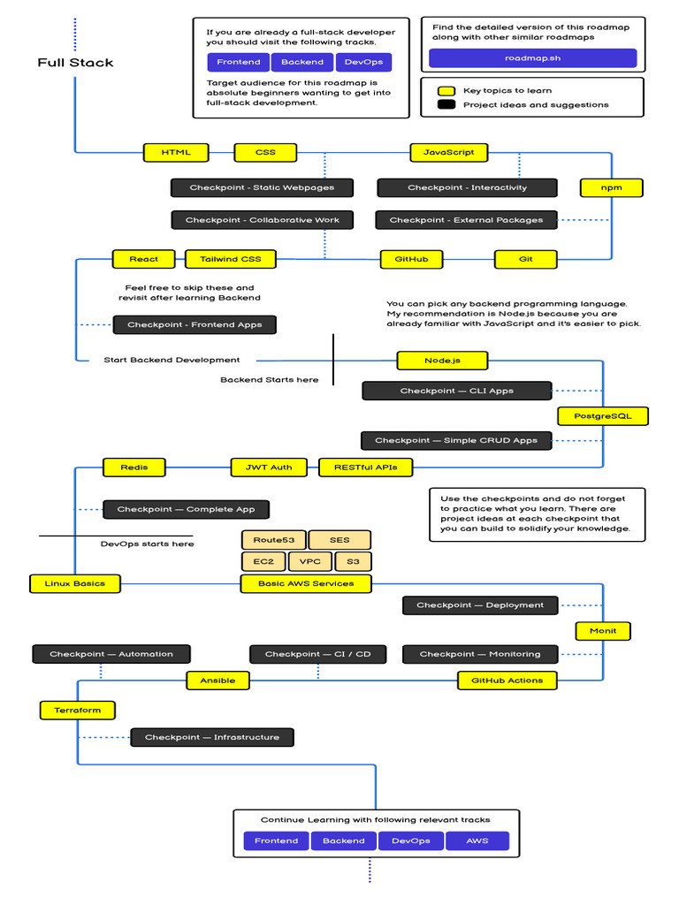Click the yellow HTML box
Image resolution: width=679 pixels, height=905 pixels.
(x=176, y=152)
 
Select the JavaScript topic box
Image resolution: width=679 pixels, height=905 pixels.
(x=448, y=152)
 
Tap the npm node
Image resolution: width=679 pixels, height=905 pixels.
(x=612, y=187)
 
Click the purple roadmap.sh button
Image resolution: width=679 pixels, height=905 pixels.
(x=533, y=58)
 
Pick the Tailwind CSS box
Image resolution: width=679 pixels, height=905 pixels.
(x=231, y=259)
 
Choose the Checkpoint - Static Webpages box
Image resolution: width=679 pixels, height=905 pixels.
(x=262, y=187)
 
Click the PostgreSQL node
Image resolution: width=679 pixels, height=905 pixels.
(x=603, y=416)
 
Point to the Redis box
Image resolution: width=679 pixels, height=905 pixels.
(x=134, y=468)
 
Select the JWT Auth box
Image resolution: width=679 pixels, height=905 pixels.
(x=269, y=468)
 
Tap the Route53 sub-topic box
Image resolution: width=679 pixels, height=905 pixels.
(x=274, y=540)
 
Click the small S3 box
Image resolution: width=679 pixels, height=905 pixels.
(x=353, y=561)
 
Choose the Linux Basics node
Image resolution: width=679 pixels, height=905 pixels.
(x=75, y=583)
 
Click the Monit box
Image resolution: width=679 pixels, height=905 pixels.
(x=603, y=631)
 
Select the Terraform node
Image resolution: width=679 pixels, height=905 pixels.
(x=78, y=711)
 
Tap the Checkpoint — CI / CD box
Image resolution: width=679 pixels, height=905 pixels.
(x=318, y=655)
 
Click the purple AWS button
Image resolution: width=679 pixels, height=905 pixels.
(x=477, y=841)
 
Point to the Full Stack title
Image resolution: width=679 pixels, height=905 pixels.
(x=76, y=63)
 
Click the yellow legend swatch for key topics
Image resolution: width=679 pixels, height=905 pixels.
(x=446, y=91)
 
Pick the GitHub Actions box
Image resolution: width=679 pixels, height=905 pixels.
(x=507, y=681)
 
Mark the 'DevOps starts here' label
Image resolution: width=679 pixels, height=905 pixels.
(x=148, y=544)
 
